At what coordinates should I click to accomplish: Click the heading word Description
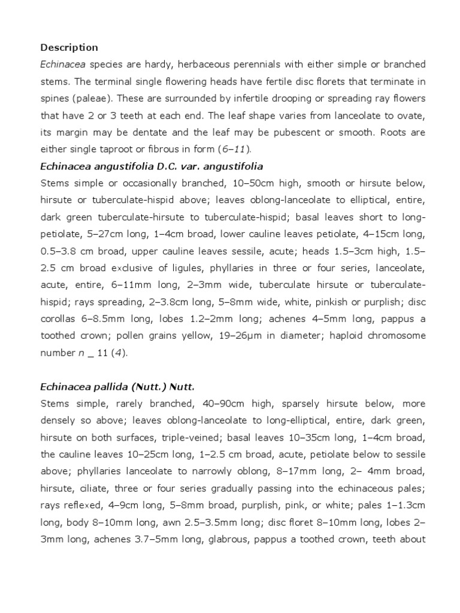[69, 47]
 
